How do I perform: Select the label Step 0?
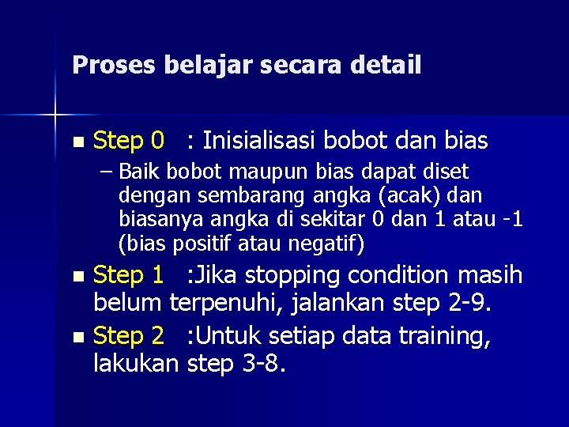pos(129,142)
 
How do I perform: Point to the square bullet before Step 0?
pos(76,143)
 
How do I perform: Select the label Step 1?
pos(129,275)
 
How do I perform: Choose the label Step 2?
pos(129,337)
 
